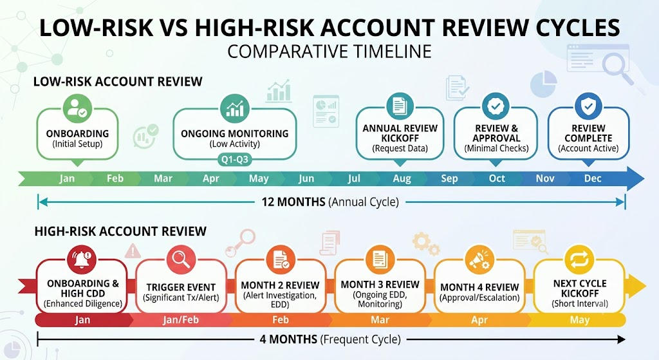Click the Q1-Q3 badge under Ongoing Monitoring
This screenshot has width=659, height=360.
(x=234, y=160)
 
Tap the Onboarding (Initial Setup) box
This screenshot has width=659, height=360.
(x=77, y=134)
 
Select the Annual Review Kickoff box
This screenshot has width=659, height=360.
(x=400, y=134)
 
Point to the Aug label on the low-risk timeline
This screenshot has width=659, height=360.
(x=402, y=179)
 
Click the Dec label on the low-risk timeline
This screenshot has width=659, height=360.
(x=593, y=178)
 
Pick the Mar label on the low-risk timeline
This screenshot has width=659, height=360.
(x=163, y=179)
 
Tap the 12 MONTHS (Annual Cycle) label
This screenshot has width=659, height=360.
(x=330, y=202)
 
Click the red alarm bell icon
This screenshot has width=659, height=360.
(x=82, y=259)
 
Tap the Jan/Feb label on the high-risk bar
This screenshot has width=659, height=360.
(x=181, y=320)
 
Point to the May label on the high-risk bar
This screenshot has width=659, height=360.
(x=580, y=320)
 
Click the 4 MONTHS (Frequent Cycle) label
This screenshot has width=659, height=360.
(x=330, y=339)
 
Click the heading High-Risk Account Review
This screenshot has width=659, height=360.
(x=120, y=231)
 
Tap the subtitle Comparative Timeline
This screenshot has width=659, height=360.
(x=329, y=52)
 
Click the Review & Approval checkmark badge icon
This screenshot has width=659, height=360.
(x=496, y=106)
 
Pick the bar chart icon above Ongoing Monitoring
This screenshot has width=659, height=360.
(x=234, y=108)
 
